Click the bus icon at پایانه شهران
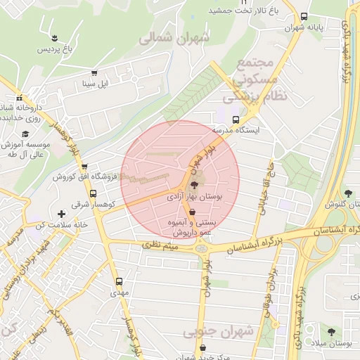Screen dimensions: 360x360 tap(304, 16)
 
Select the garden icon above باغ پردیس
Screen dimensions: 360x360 tap(54, 36)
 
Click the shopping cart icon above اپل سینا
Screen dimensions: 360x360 tap(94, 73)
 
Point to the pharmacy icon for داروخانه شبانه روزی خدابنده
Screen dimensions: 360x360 tap(19, 98)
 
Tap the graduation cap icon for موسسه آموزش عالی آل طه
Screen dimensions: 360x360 tap(25, 134)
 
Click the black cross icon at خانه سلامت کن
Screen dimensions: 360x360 tap(61, 213)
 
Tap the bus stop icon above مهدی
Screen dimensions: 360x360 tap(118, 280)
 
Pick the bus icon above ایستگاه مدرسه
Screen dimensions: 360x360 tap(235, 120)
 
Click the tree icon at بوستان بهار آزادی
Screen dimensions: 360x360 tap(194, 185)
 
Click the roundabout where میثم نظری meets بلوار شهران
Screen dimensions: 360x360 tap(202, 247)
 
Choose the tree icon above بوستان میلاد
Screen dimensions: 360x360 tap(331, 331)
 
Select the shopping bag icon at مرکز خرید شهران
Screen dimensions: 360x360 tap(204, 347)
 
